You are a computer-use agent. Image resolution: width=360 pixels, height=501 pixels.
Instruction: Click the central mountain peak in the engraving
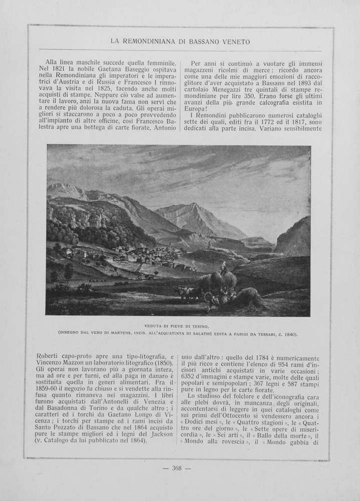pos(194,206)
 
